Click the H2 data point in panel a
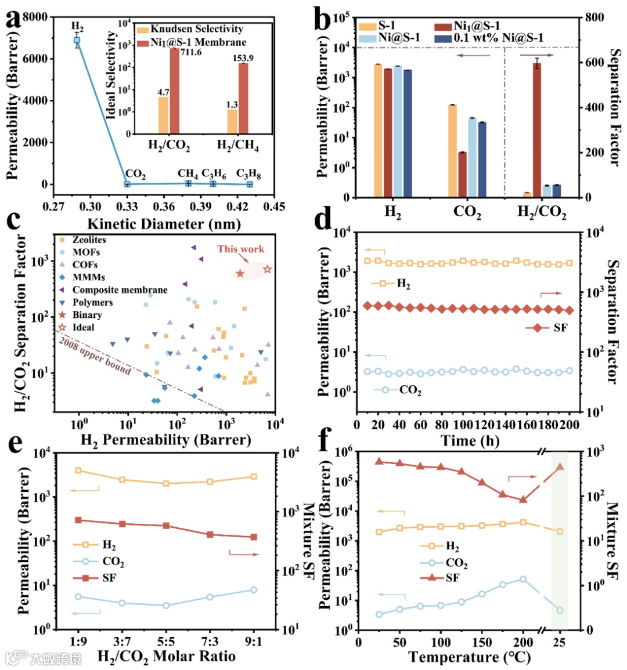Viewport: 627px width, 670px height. click(77, 41)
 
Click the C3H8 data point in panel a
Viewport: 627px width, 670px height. click(250, 184)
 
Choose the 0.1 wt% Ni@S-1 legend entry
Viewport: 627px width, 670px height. click(491, 38)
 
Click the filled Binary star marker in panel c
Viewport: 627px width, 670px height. click(240, 273)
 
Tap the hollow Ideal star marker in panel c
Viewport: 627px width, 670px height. click(267, 269)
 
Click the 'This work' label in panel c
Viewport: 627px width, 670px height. click(240, 249)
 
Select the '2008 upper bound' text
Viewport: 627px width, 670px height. click(95, 355)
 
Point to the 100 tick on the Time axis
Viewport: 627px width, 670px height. click(463, 425)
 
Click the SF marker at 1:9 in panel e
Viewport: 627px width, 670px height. click(78, 520)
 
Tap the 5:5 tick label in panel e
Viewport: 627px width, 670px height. click(166, 642)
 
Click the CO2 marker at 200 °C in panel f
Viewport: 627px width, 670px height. click(523, 579)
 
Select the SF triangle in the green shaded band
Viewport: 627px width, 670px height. click(560, 466)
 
